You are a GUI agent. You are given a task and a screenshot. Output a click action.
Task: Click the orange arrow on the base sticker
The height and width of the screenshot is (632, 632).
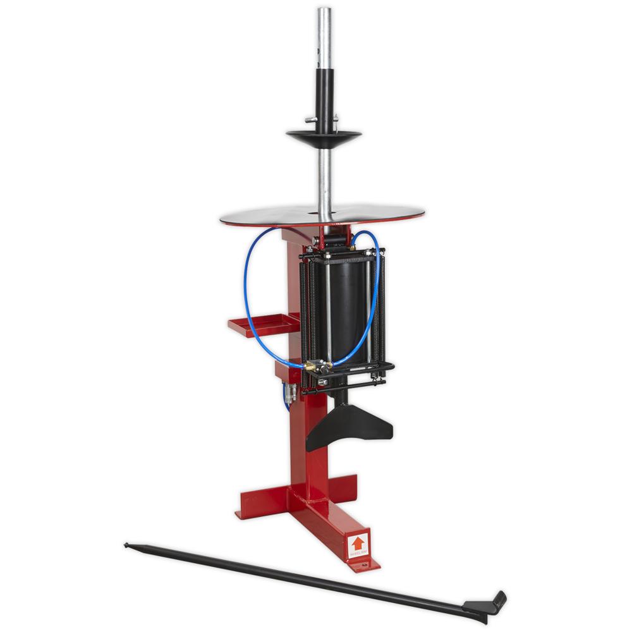click(358, 543)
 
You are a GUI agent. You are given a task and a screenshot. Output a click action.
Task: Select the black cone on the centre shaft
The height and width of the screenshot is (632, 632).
click(324, 136)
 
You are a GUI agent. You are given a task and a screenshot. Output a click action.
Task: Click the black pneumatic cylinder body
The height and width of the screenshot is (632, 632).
click(348, 310)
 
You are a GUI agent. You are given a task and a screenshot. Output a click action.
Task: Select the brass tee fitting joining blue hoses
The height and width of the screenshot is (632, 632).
click(312, 366)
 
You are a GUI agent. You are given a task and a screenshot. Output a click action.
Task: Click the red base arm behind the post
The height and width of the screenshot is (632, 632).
click(344, 487)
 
